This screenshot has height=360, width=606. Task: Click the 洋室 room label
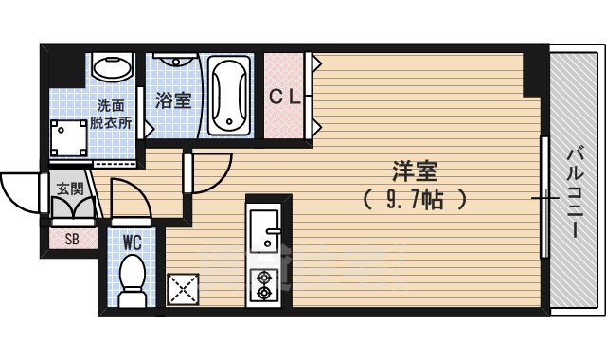point(415,172)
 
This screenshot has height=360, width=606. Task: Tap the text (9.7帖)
point(415,200)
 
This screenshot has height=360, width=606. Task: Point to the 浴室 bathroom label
point(174,98)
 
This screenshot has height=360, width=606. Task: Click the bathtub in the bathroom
point(228,95)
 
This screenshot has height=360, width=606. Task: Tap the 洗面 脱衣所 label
point(114,115)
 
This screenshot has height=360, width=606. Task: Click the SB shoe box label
point(72,239)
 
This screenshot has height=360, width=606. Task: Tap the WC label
point(132,242)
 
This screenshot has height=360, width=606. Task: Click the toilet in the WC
point(132,281)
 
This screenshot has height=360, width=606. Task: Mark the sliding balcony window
point(544,197)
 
